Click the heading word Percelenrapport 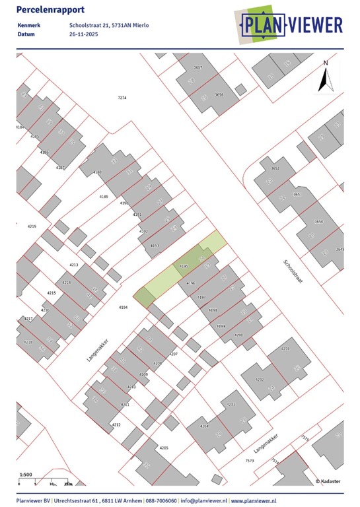pyautogui.click(x=45, y=9)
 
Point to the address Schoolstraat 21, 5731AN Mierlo pyautogui.click(x=109, y=26)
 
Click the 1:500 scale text pyautogui.click(x=26, y=475)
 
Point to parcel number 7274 pyautogui.click(x=122, y=98)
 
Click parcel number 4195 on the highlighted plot pyautogui.click(x=184, y=267)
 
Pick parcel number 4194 pyautogui.click(x=123, y=308)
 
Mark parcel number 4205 pyautogui.click(x=164, y=448)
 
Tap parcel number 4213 pyautogui.click(x=74, y=265)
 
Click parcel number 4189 pyautogui.click(x=103, y=197)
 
